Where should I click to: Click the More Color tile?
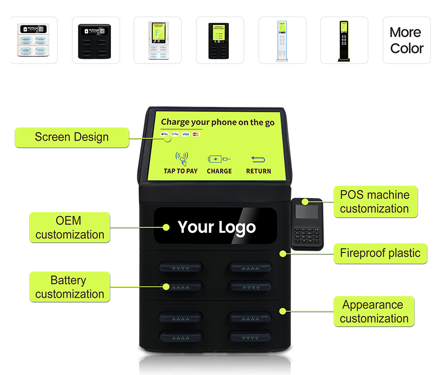point(406,40)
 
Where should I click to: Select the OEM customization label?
point(69,227)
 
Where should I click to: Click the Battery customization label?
point(69,287)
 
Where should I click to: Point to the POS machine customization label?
point(374,202)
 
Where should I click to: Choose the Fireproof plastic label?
point(380,253)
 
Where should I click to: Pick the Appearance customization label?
point(374,312)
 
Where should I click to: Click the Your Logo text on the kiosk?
point(216,227)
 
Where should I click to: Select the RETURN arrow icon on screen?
point(258,159)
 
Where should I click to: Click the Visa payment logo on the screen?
point(185,134)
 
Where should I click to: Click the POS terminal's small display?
point(307,212)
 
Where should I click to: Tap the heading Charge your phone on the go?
point(217,122)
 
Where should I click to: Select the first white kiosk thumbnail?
point(34,40)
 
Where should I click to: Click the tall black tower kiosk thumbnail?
point(344,40)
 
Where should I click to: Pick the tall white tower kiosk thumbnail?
point(282,40)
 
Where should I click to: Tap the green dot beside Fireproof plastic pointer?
point(282,253)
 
